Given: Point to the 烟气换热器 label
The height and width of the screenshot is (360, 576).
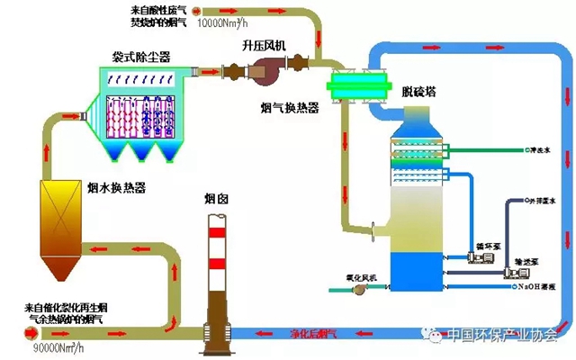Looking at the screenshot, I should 289,109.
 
